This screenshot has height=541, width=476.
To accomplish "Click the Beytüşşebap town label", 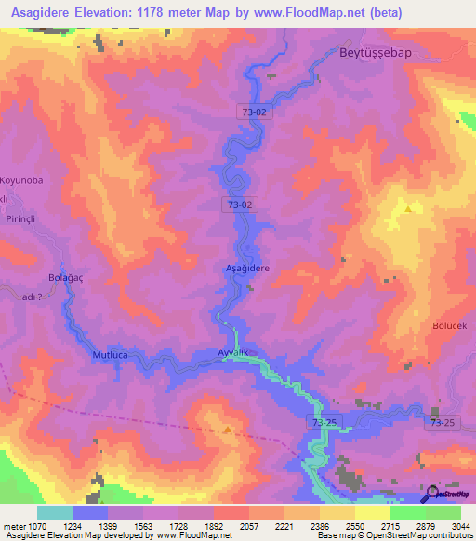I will click(375, 54).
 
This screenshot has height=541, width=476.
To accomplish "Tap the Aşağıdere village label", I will click(247, 268).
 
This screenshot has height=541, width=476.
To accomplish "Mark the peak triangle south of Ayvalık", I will click(228, 429).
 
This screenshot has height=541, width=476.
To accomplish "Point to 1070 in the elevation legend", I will click(34, 526).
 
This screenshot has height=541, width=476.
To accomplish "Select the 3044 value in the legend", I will click(458, 526).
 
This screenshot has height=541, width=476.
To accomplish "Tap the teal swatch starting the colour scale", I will click(54, 512).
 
